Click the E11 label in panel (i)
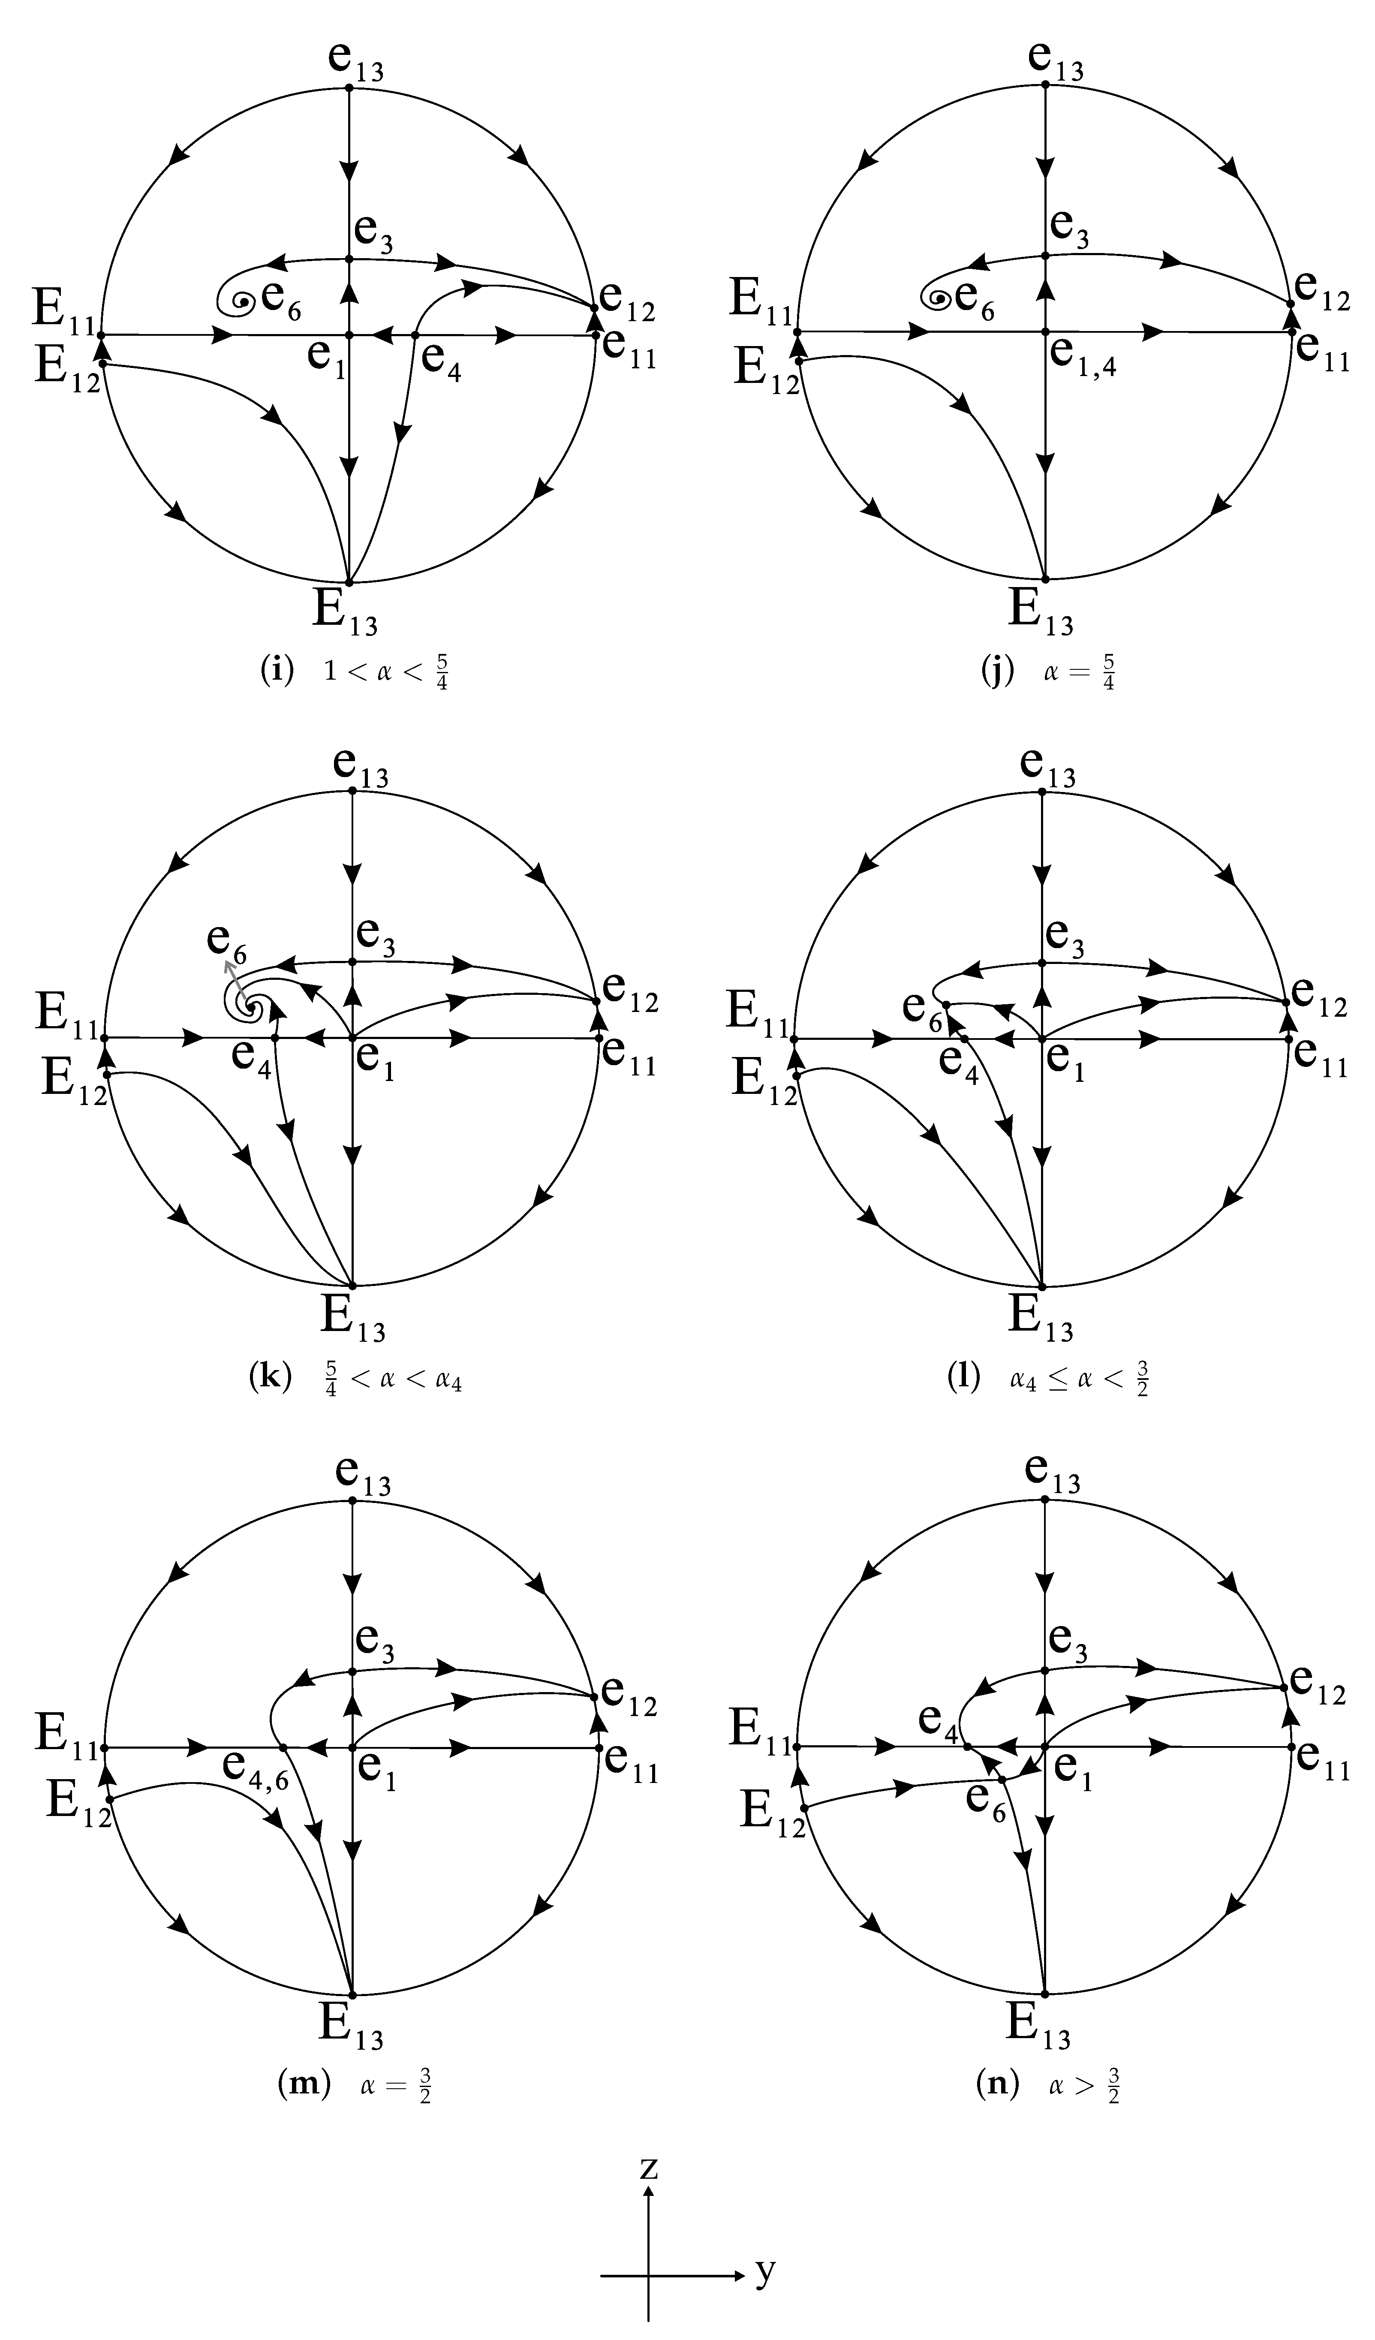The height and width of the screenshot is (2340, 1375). pyautogui.click(x=63, y=310)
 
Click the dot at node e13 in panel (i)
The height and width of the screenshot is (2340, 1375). pyautogui.click(x=349, y=87)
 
